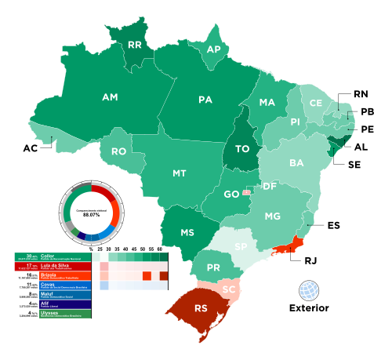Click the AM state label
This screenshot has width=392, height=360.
[x=110, y=97]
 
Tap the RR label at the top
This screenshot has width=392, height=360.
[x=134, y=45]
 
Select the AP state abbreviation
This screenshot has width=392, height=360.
[x=213, y=49]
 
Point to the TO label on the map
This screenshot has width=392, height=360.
[x=241, y=148]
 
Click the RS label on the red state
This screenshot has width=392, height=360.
[x=201, y=308]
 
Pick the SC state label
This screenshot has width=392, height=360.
[x=229, y=289]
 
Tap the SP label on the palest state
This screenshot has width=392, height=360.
[x=241, y=246]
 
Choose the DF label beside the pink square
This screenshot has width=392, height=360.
[x=269, y=186]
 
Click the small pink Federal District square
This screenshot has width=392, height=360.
[x=247, y=192]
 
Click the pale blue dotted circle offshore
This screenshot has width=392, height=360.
[x=309, y=290]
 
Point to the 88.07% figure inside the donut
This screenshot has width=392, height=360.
[x=91, y=215]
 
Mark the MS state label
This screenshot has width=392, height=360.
[x=187, y=233]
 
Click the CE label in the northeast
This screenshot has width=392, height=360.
[x=315, y=103]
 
